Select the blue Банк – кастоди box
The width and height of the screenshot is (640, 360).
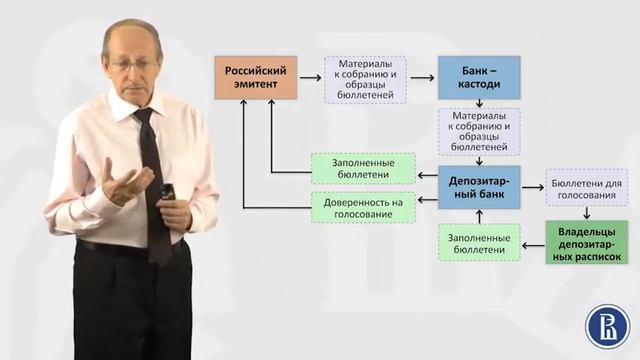pos(478,78)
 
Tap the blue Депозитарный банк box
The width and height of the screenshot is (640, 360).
pos(478,186)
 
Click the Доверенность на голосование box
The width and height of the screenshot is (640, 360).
pos(363,208)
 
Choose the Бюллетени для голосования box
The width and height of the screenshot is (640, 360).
pos(586,187)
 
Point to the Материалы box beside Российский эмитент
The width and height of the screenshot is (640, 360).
pos(366,79)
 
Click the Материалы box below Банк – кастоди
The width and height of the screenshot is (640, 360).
pos(478,131)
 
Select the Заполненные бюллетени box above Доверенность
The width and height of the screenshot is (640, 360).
pos(363,168)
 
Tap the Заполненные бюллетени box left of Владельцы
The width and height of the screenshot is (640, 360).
pos(478,243)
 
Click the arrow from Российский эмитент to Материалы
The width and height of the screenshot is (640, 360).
pos(310,78)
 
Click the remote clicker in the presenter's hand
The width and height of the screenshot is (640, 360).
pos(167,191)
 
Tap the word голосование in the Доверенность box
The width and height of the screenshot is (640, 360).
pos(363,215)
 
